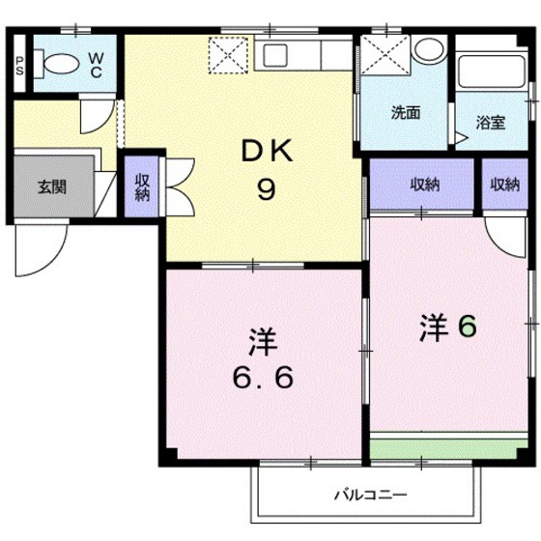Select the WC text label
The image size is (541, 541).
[x=98, y=64]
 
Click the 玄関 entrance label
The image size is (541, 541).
[x=52, y=186]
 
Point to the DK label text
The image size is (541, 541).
[x=264, y=152]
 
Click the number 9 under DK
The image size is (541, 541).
[x=264, y=188]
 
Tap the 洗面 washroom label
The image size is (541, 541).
[x=406, y=111]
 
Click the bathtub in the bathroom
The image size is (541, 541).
[x=490, y=71]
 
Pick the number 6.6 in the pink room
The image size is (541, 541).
[x=264, y=375]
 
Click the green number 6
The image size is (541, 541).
[x=467, y=328]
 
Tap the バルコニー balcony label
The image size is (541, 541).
[x=371, y=496]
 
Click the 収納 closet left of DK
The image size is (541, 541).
[x=142, y=185]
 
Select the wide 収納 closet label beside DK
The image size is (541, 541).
[x=423, y=185]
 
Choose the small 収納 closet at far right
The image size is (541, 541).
[x=503, y=185]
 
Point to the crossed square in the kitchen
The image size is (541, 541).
[x=230, y=55]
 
